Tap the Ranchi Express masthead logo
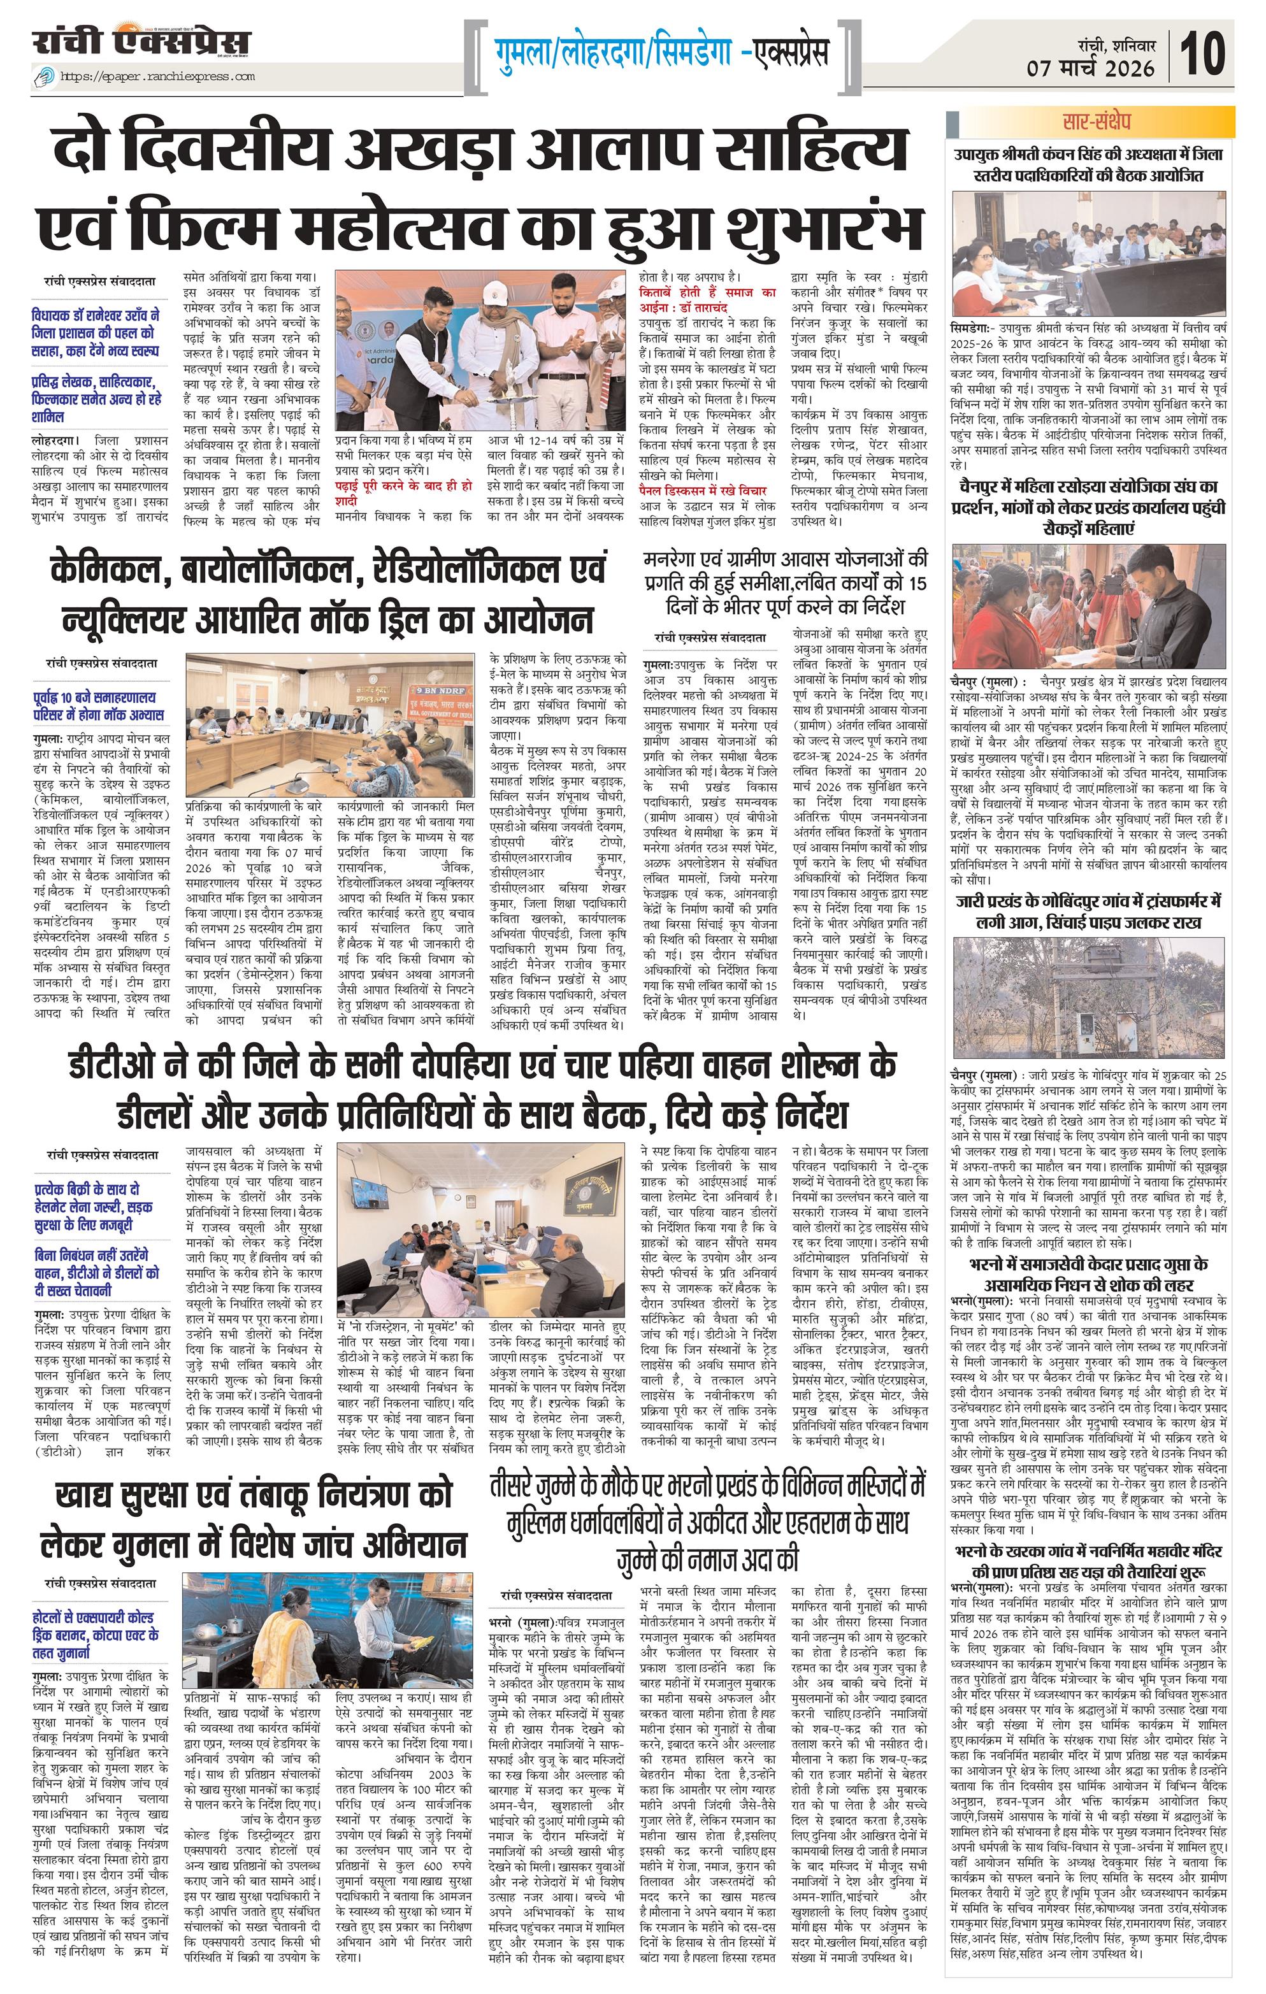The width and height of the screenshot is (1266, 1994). point(141,43)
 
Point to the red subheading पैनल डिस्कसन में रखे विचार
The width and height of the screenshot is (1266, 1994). point(702,491)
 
